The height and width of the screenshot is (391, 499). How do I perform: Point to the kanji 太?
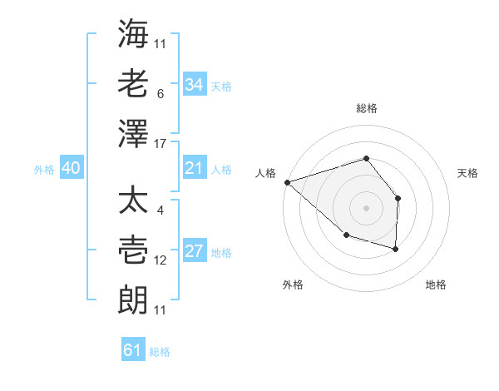coord(133,202)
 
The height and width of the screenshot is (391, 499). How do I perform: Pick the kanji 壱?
coord(133,251)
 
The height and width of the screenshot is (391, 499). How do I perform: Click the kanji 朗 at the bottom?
coord(133,300)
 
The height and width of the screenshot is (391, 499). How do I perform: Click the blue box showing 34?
coord(194,85)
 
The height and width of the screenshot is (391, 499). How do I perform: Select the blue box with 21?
coord(194,169)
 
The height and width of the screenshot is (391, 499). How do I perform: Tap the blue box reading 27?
coord(194,252)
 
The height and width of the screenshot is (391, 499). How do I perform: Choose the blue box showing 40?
coord(71,169)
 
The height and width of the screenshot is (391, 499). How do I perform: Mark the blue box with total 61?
coord(132,350)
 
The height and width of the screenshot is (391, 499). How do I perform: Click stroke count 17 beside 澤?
coord(161,144)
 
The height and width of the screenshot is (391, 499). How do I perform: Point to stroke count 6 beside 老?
coord(160,93)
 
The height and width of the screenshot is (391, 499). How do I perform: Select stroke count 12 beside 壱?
coord(161,260)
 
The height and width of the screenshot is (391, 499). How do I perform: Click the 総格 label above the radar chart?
coord(366,108)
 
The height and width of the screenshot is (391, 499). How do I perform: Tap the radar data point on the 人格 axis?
coord(287,181)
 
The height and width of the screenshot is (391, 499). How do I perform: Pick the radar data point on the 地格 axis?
coord(396,249)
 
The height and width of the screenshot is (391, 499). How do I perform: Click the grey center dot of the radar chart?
coord(366,207)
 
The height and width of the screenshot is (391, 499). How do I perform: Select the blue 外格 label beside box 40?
coord(44,170)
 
